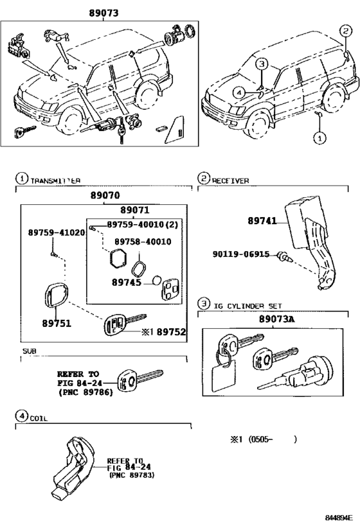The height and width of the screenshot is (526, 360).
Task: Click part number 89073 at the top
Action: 100,13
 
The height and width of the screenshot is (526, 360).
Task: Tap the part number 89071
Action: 134,210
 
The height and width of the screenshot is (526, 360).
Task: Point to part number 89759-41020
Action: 56,232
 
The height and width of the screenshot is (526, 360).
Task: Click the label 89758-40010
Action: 143,241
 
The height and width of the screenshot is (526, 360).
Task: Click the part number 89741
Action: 262,220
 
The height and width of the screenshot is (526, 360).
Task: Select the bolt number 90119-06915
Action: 241,254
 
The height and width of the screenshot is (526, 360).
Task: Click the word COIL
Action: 39,418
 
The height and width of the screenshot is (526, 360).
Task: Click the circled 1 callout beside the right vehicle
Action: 319,137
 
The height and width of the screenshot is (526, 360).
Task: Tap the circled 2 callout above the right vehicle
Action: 346,31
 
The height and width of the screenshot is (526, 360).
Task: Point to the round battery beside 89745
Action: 156,281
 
